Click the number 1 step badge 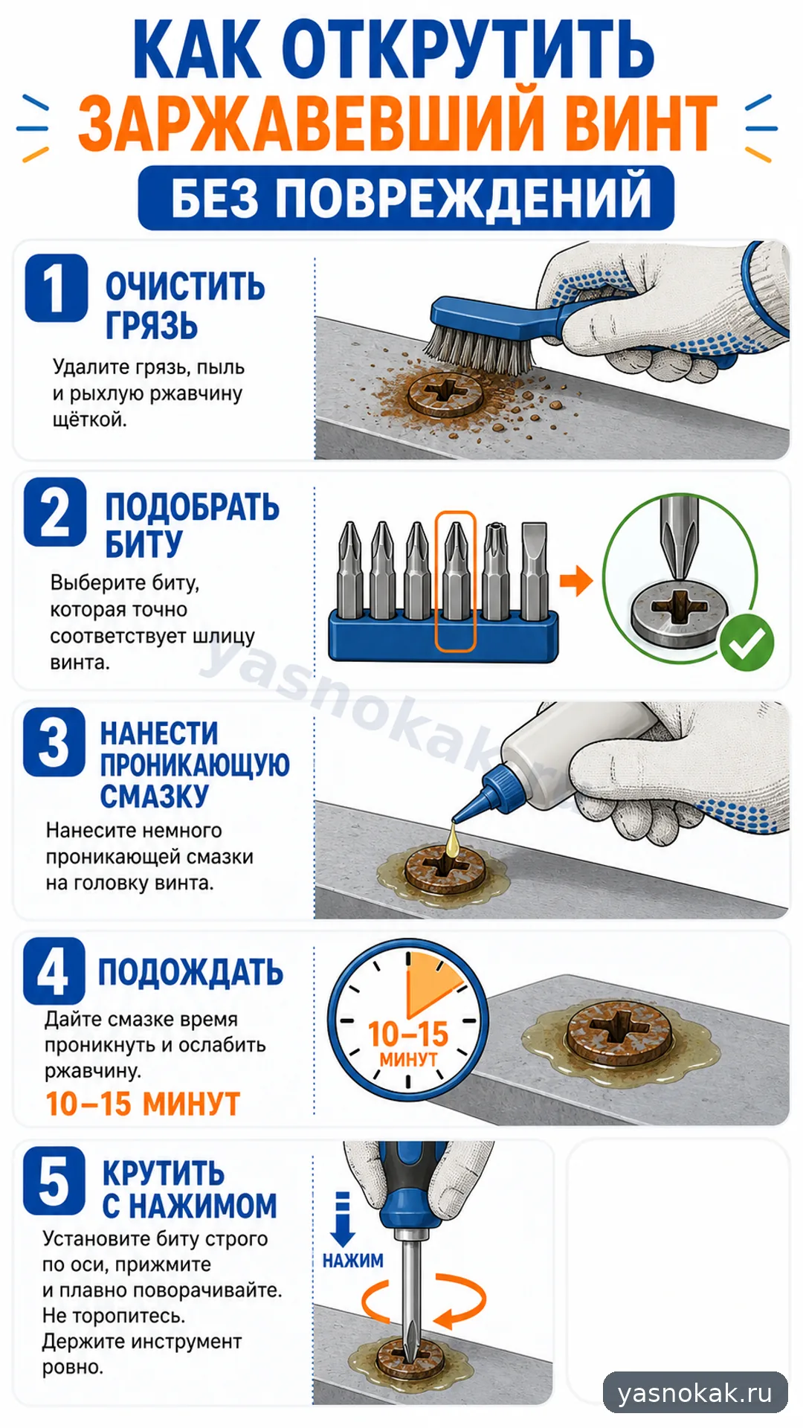(x=57, y=288)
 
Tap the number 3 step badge (x=54, y=742)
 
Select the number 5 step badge (x=54, y=1180)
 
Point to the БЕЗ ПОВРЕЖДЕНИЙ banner (x=406, y=198)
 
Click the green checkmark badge (x=746, y=643)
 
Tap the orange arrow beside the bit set (x=576, y=582)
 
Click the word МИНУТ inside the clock (x=408, y=1058)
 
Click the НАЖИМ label (x=352, y=1261)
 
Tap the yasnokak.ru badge (x=695, y=1392)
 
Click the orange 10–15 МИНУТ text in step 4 (x=143, y=1104)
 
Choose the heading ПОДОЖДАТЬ (x=190, y=972)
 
